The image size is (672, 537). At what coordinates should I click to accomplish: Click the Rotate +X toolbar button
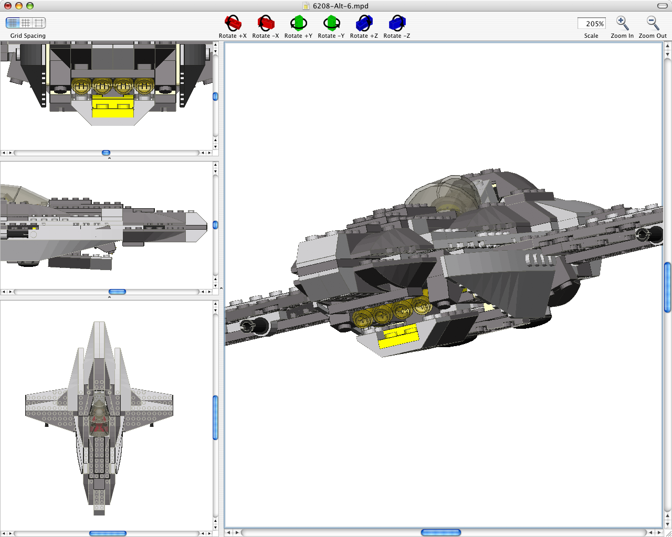pyautogui.click(x=233, y=24)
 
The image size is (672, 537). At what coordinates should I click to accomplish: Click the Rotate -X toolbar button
pyautogui.click(x=266, y=24)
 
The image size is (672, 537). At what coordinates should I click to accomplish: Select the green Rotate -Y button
pyautogui.click(x=331, y=24)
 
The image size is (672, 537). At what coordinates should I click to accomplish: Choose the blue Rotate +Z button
pyautogui.click(x=364, y=24)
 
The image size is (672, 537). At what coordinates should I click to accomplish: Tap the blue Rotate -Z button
pyautogui.click(x=397, y=24)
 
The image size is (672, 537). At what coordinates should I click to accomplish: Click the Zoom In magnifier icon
pyautogui.click(x=622, y=24)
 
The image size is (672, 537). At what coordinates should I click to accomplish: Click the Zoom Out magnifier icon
pyautogui.click(x=653, y=24)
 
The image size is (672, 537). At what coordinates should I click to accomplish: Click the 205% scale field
pyautogui.click(x=591, y=24)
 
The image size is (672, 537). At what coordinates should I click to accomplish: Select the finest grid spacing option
pyautogui.click(x=13, y=23)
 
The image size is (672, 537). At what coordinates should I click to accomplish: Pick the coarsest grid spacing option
pyautogui.click(x=39, y=23)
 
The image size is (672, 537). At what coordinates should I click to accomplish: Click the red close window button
pyautogui.click(x=8, y=6)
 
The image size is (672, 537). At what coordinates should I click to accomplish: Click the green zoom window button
pyautogui.click(x=30, y=6)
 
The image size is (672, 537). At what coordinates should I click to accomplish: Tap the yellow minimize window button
pyautogui.click(x=19, y=6)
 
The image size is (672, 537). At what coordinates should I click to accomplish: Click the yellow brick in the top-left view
pyautogui.click(x=113, y=108)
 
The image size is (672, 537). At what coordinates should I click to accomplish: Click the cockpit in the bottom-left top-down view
pyautogui.click(x=99, y=417)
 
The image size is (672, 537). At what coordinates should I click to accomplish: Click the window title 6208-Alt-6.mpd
pyautogui.click(x=340, y=6)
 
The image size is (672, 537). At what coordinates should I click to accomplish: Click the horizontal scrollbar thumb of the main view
pyautogui.click(x=440, y=532)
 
